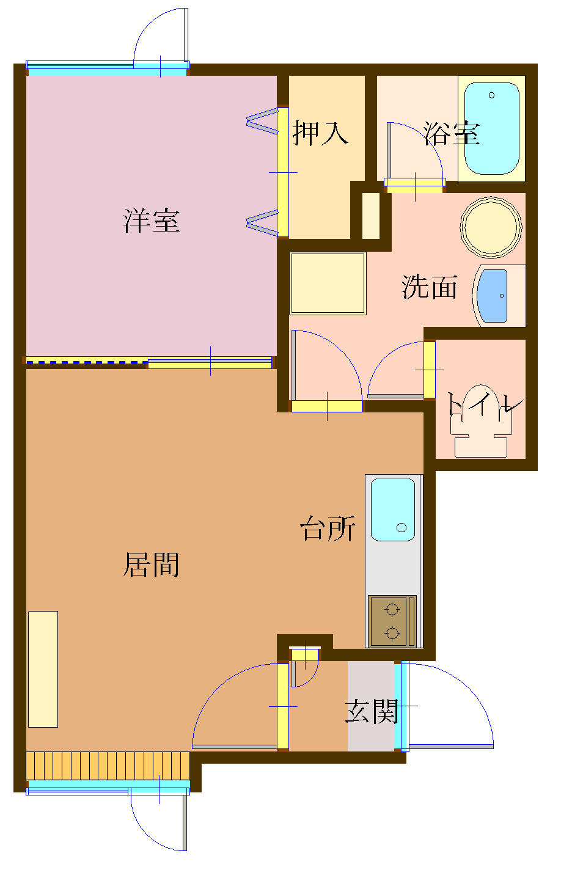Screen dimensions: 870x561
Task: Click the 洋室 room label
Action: click(152, 221)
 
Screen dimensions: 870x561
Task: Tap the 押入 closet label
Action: click(320, 133)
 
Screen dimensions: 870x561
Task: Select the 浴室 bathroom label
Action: click(452, 133)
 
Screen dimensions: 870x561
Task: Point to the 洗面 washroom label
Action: click(429, 287)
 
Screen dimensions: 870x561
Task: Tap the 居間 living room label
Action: click(152, 565)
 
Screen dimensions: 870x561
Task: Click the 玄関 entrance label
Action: click(372, 711)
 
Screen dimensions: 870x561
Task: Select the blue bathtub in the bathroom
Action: click(491, 128)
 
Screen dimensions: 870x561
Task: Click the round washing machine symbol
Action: click(491, 227)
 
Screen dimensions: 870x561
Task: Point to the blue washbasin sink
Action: click(493, 296)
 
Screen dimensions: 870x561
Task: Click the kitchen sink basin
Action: click(392, 509)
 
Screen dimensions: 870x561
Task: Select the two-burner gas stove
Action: click(392, 620)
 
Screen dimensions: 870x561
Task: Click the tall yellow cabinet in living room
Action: click(43, 668)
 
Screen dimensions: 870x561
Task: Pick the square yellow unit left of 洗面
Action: click(328, 283)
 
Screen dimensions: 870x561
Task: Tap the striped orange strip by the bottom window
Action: click(108, 766)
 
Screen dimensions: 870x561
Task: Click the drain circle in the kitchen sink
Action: click(402, 527)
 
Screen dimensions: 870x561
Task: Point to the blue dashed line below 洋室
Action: click(86, 363)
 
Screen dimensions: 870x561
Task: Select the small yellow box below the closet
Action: click(371, 216)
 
